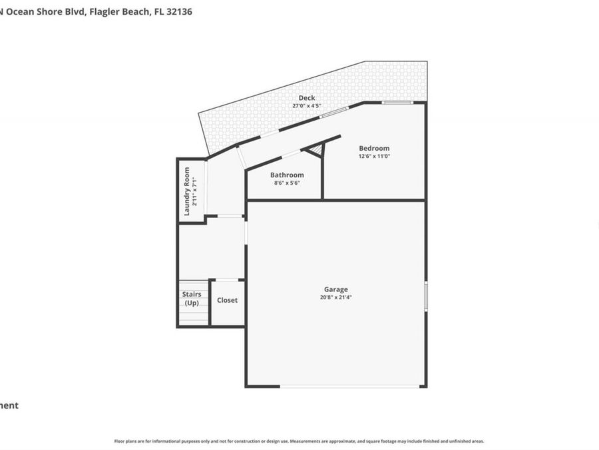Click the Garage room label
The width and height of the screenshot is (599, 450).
click(x=335, y=289)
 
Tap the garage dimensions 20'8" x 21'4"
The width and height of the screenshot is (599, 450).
click(x=335, y=297)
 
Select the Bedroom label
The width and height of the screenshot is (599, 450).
click(x=374, y=148)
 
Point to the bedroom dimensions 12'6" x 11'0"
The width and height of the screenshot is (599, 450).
click(x=374, y=156)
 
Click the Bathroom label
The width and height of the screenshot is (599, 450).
click(x=287, y=175)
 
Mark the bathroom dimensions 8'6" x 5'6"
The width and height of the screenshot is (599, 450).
click(x=287, y=183)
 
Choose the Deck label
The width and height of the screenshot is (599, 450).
click(x=307, y=98)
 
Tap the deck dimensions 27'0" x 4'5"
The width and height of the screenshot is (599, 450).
click(x=307, y=106)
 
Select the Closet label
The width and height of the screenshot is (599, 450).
click(x=227, y=300)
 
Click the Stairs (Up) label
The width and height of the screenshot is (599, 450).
click(x=192, y=298)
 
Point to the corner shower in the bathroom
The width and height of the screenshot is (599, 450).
click(x=317, y=151)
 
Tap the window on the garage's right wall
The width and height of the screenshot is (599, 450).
click(x=425, y=295)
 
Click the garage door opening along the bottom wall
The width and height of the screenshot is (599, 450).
click(x=350, y=386)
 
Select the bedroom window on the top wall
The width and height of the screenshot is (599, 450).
click(x=397, y=102)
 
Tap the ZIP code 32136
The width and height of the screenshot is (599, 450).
click(x=180, y=11)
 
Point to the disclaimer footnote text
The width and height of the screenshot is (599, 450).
click(x=299, y=441)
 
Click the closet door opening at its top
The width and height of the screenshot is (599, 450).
click(x=228, y=279)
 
